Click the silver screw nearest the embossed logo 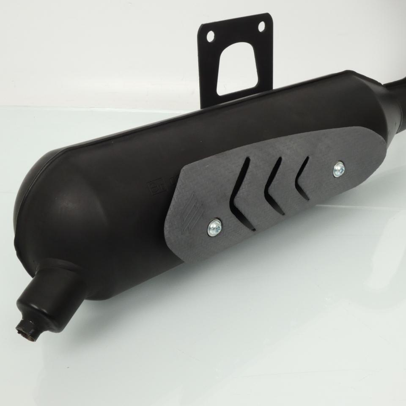point(214,228)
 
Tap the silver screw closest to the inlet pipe point(338,169)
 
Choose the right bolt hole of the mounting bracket point(261,26)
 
